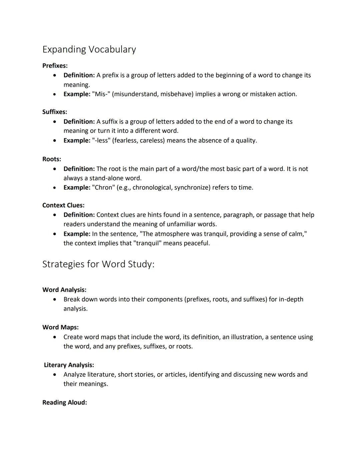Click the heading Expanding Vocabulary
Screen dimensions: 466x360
point(89,49)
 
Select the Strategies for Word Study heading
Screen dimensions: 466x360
point(98,264)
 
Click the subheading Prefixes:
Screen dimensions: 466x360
point(55,66)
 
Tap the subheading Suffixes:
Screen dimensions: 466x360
point(55,112)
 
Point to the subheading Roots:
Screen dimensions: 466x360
point(52,159)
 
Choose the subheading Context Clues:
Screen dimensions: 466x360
point(63,205)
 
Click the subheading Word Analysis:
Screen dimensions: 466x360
point(64,290)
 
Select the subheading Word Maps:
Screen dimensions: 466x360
point(60,327)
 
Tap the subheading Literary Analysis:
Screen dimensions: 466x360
point(69,365)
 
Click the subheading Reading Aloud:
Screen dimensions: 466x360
point(65,402)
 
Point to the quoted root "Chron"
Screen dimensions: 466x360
point(103,187)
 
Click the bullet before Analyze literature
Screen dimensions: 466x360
point(55,375)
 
